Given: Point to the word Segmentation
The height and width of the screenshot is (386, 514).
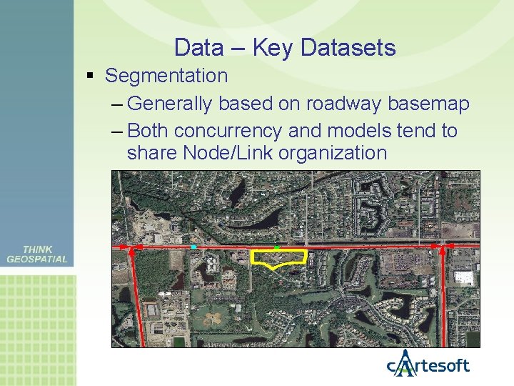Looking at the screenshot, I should [166, 75].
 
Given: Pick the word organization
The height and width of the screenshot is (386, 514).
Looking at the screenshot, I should [341, 153].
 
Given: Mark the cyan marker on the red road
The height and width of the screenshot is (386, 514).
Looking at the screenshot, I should [193, 247].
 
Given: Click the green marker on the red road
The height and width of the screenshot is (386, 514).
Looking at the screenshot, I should [277, 247].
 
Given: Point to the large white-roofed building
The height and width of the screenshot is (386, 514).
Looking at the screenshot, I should [463, 278].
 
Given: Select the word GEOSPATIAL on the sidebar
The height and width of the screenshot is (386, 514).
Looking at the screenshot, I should [36, 259].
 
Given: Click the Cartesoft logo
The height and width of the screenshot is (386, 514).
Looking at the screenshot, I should [428, 365].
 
